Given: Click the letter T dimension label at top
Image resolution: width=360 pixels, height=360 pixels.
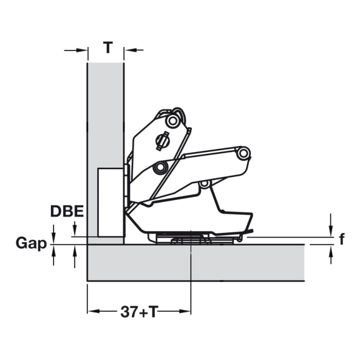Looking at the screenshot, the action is pyautogui.click(x=107, y=47).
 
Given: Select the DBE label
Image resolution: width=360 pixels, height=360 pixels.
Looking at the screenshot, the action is pyautogui.click(x=67, y=211).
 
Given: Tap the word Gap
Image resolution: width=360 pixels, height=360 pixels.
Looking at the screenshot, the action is pyautogui.click(x=31, y=243).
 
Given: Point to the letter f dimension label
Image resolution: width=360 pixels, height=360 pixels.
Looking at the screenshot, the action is pyautogui.click(x=342, y=239).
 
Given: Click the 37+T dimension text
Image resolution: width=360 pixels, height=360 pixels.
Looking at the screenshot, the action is pyautogui.click(x=139, y=312).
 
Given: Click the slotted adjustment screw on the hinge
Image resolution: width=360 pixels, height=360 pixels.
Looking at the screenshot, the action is pyautogui.click(x=163, y=140).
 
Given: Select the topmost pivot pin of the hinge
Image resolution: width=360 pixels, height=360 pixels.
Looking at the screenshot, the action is pyautogui.click(x=172, y=120).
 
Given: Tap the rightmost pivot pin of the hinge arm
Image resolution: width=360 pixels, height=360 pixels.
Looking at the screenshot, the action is pyautogui.click(x=243, y=153).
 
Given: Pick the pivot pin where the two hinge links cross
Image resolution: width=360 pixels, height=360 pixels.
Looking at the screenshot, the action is pyautogui.click(x=160, y=167).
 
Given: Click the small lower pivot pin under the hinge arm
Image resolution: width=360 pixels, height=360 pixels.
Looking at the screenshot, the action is pyautogui.click(x=204, y=184).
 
